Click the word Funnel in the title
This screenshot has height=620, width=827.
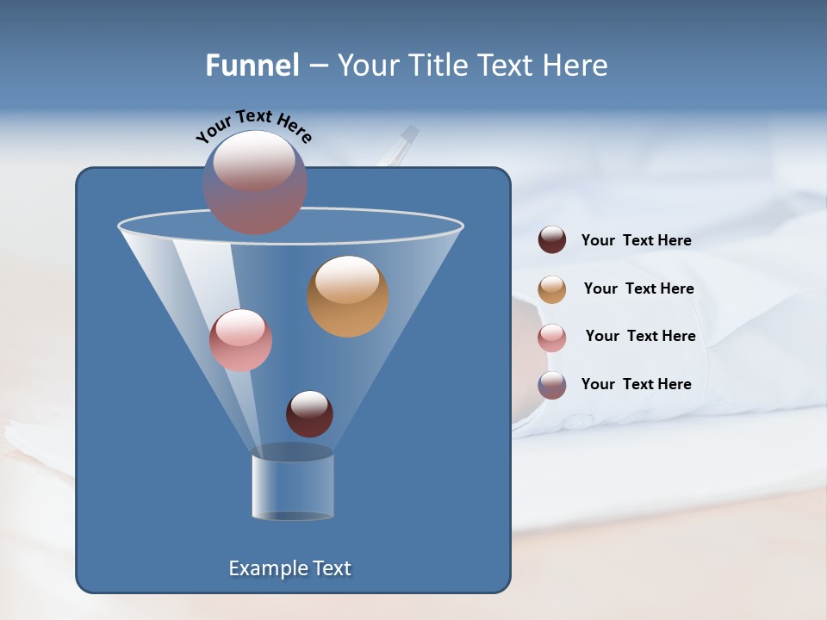tap(252, 65)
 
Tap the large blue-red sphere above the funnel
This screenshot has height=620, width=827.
tap(255, 183)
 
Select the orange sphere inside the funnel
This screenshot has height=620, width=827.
tap(348, 296)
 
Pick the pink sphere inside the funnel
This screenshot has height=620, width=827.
tap(240, 340)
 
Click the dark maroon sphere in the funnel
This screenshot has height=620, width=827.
tap(309, 414)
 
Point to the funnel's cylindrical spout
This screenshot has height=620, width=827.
tap(293, 487)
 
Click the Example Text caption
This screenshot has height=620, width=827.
tap(290, 568)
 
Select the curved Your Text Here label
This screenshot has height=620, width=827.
tap(254, 126)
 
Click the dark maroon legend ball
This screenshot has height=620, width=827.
tap(552, 240)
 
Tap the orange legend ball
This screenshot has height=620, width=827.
tap(552, 289)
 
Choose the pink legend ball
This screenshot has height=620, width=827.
tap(552, 338)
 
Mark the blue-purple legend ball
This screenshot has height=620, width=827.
tap(552, 385)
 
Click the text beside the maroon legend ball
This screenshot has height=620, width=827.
tap(637, 241)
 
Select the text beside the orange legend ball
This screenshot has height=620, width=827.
tap(638, 289)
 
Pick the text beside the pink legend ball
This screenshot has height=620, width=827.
tap(640, 337)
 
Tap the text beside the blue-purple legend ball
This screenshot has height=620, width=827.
tap(637, 385)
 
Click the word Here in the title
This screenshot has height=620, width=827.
tap(577, 65)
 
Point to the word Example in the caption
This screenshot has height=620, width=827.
tap(267, 568)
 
